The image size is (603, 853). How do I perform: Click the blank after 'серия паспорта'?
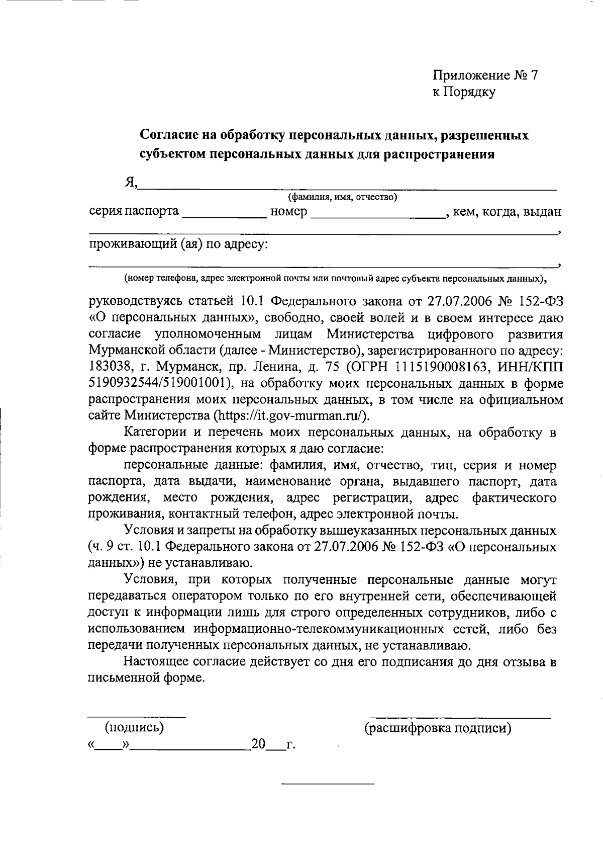click(225, 216)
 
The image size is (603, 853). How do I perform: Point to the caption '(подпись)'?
click(134, 728)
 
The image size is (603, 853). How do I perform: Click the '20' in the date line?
click(258, 744)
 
